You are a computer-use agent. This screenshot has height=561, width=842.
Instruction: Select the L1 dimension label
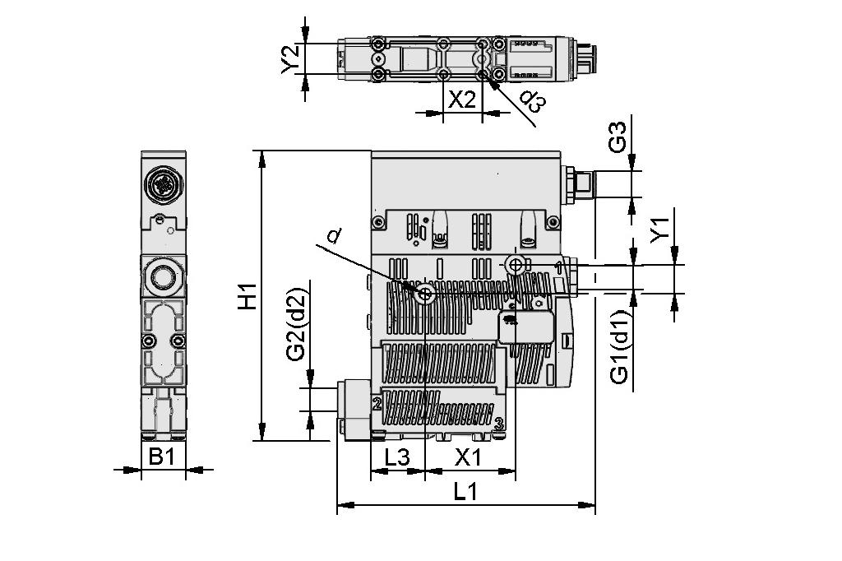click(x=466, y=493)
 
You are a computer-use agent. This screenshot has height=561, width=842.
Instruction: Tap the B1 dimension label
click(x=162, y=457)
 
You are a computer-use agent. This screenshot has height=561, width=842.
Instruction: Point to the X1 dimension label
click(x=470, y=457)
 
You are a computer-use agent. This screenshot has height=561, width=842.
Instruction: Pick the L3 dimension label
click(x=397, y=457)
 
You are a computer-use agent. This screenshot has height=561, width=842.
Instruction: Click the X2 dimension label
click(x=462, y=100)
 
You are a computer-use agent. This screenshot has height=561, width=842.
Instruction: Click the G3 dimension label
click(x=618, y=137)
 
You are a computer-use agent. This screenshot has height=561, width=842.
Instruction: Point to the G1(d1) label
click(x=620, y=346)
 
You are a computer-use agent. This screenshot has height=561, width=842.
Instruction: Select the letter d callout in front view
click(x=332, y=238)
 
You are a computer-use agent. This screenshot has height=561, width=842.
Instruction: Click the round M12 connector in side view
click(x=161, y=184)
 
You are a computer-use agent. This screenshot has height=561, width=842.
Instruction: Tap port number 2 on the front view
click(x=377, y=404)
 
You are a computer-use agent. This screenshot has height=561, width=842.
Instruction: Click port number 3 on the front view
click(x=498, y=424)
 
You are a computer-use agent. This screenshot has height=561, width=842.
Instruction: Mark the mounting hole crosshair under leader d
click(x=425, y=295)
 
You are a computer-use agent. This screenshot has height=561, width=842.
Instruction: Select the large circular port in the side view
click(x=162, y=275)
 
